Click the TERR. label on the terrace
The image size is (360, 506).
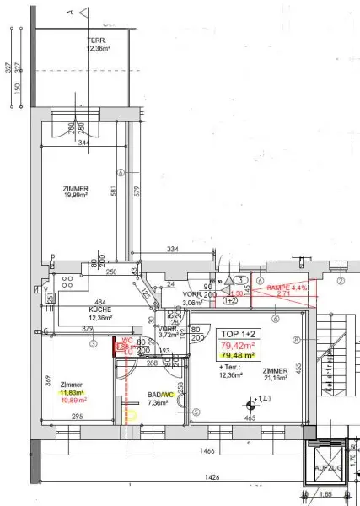click(94, 40)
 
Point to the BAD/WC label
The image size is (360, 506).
click(161, 395)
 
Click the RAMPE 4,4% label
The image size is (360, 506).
click(286, 288)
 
